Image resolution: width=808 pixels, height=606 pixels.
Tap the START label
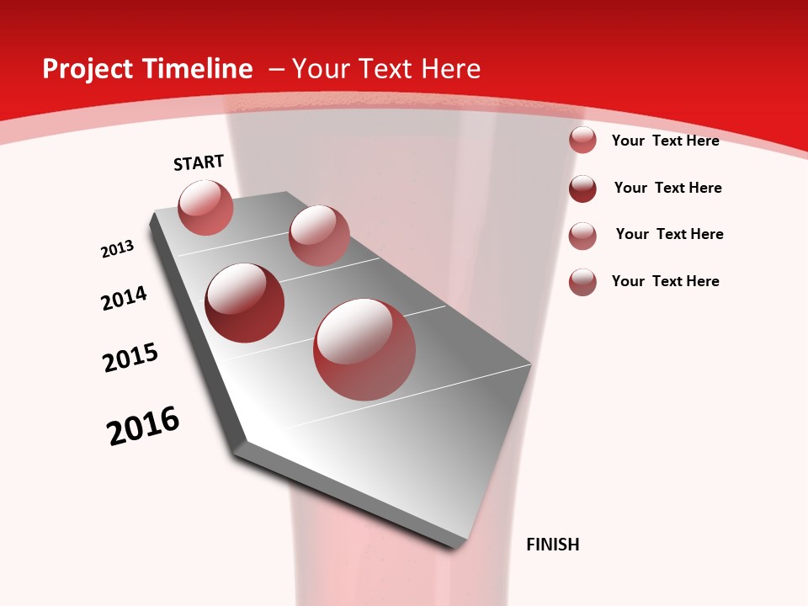coord(199,162)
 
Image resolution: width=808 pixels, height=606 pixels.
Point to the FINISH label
coord(552,545)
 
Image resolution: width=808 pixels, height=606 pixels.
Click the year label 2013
coord(118,249)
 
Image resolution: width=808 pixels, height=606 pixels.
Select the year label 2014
coord(125,298)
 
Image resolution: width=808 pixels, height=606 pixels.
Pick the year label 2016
coord(143,426)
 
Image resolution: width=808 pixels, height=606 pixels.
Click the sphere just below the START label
coord(205,207)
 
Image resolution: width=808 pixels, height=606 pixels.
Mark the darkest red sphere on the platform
coord(244,302)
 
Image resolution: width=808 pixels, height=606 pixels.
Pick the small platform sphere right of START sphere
coord(318,235)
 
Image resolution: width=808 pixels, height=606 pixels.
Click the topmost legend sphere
coord(582,140)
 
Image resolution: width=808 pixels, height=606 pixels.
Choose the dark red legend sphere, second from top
coord(582,189)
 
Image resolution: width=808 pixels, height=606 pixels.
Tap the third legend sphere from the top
coord(582,236)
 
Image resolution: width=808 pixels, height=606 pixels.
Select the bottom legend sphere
coord(582,282)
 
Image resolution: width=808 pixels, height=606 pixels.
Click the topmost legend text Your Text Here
coord(665,141)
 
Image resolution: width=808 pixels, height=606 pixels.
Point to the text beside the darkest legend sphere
coord(667,188)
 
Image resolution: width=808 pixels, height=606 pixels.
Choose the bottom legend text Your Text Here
coord(665,281)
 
